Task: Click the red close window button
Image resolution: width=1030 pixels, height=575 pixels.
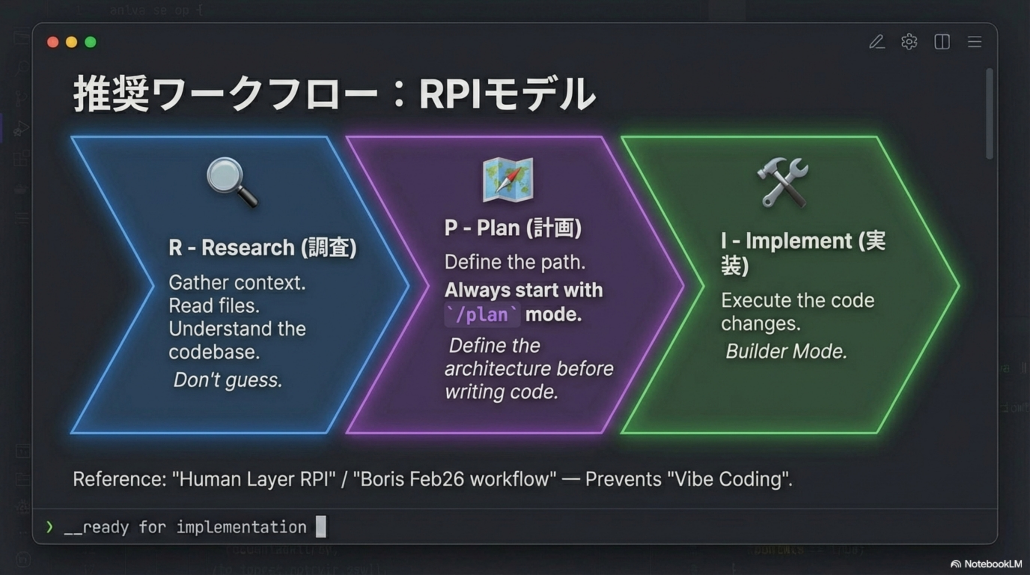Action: (53, 42)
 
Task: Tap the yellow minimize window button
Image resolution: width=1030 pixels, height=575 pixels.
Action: (71, 42)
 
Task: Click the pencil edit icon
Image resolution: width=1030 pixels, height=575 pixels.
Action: (877, 42)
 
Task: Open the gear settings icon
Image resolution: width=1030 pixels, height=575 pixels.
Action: (909, 42)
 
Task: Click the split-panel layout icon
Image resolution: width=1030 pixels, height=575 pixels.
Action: (942, 42)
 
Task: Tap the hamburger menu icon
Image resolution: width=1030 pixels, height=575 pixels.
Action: (975, 42)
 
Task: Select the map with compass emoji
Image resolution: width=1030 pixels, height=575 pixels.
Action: (508, 180)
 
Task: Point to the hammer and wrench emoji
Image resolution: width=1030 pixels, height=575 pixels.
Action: (782, 182)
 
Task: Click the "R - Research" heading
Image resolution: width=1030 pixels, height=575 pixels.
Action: (262, 247)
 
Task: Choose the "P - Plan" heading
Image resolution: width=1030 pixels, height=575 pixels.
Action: (513, 228)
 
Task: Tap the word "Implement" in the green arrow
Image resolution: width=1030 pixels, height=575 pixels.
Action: (798, 241)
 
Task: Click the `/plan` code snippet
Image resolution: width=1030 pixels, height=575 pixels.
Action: (482, 315)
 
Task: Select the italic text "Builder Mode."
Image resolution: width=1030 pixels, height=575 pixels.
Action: (786, 352)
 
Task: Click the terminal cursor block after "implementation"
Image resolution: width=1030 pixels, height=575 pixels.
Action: (321, 527)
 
